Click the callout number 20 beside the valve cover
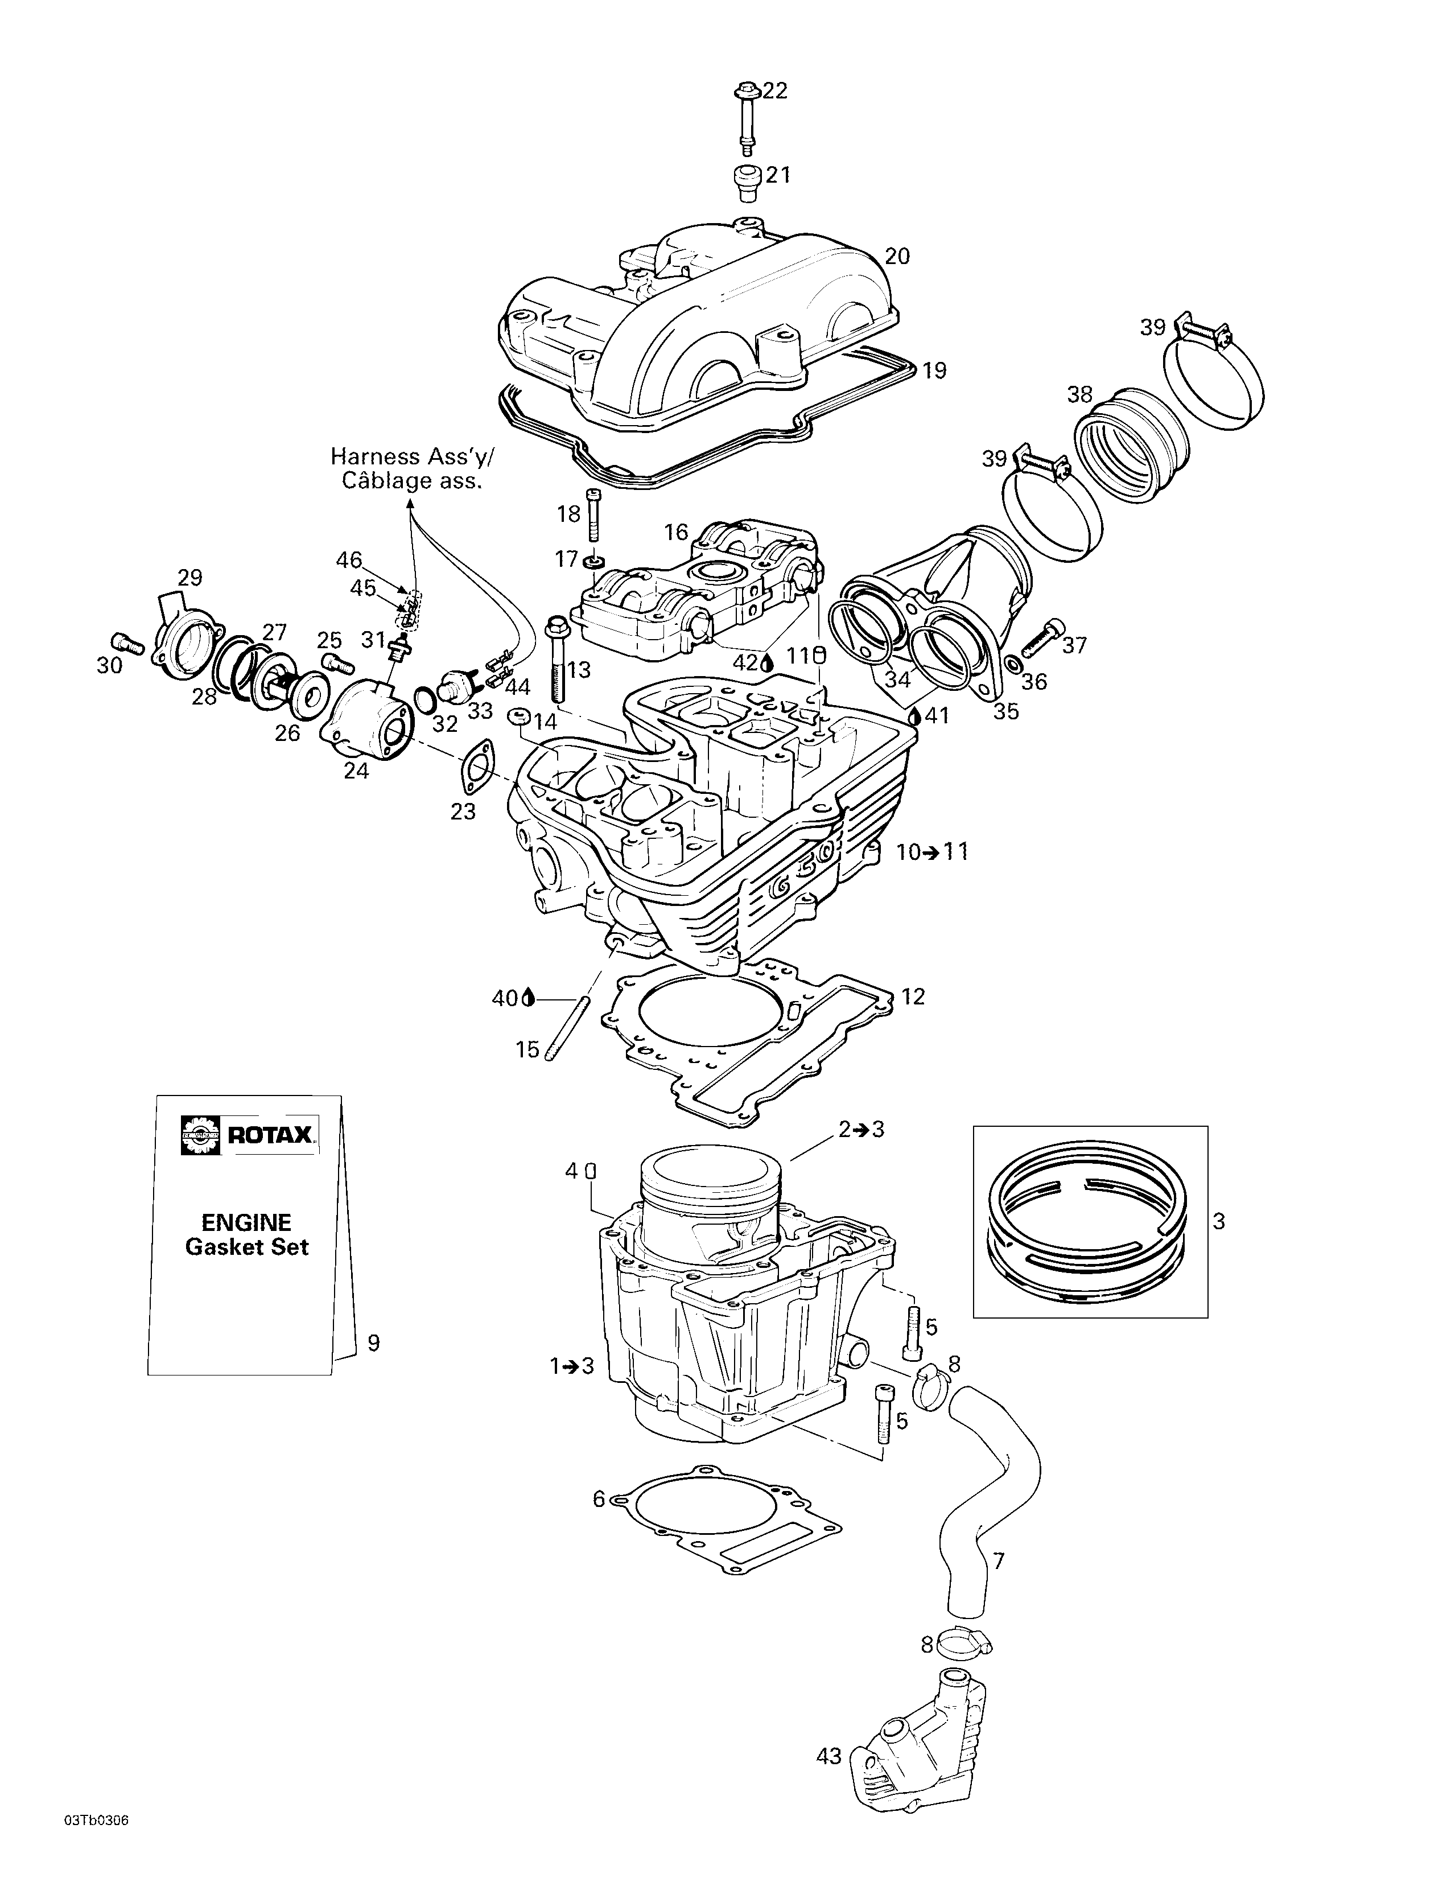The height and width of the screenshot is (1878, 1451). pos(897,256)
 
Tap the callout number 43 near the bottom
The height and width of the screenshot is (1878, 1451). pos(828,1732)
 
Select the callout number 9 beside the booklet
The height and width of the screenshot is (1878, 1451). pos(373,1342)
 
